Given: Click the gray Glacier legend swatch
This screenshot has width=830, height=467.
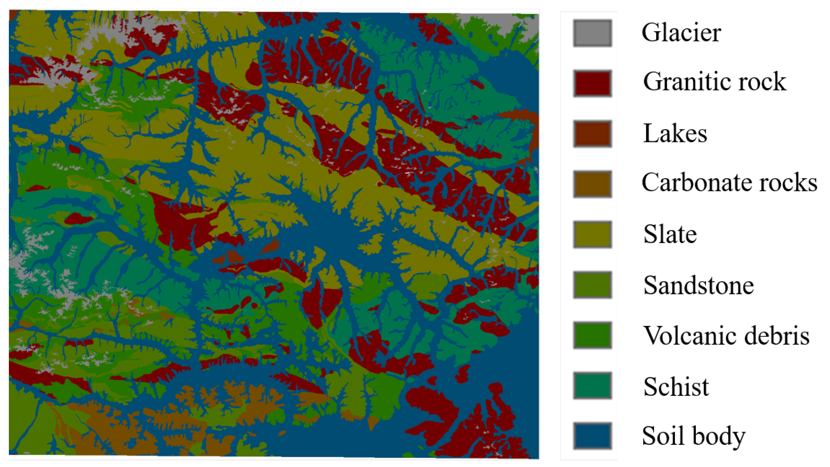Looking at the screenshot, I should [x=592, y=33].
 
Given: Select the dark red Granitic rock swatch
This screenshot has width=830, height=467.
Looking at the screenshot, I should [x=592, y=84].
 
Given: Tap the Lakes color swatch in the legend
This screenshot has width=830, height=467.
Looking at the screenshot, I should [x=592, y=134].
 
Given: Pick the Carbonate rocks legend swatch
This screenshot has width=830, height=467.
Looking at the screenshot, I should [x=592, y=184].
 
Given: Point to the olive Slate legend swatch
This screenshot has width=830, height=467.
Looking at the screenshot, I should [x=592, y=234].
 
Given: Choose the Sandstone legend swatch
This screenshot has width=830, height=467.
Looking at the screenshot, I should [x=592, y=285].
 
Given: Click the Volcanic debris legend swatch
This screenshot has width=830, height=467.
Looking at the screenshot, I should [x=592, y=335].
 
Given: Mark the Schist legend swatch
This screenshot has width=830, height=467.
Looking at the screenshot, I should [x=592, y=385].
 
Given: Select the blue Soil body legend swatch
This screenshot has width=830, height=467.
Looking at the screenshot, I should [x=592, y=436].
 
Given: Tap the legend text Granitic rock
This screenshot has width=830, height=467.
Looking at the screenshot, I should [x=715, y=82].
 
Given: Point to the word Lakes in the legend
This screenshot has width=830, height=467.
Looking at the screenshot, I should [x=675, y=133].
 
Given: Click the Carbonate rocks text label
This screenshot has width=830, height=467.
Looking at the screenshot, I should [x=730, y=182].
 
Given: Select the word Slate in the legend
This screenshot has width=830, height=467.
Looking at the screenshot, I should [x=670, y=234].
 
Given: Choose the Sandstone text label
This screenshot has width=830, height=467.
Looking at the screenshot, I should [x=699, y=285].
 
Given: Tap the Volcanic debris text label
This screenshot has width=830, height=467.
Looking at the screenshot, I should [x=726, y=336].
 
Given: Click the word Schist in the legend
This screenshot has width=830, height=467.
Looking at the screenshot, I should [x=676, y=387].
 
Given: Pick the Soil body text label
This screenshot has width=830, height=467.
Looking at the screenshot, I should [x=693, y=436].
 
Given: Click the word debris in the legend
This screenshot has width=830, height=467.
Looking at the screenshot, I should [x=777, y=336].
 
